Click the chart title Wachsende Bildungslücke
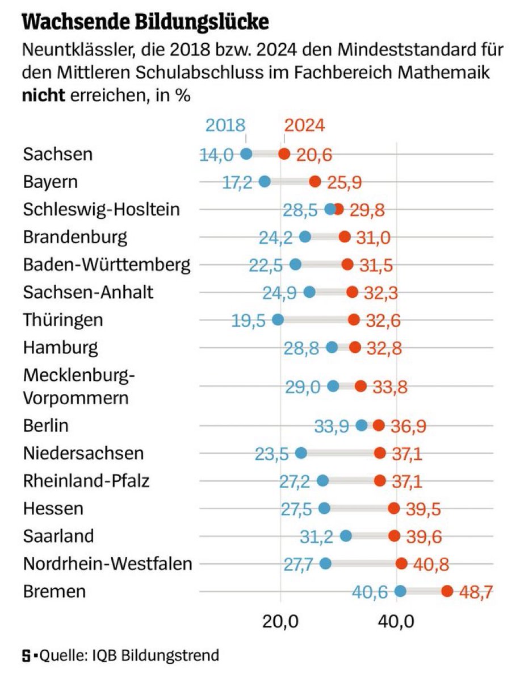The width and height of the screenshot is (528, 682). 145,22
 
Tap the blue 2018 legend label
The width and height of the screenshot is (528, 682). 225,125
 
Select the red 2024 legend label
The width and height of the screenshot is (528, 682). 304,125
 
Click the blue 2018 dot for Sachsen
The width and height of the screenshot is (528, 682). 246,153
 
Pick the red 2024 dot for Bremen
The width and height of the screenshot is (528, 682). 447,591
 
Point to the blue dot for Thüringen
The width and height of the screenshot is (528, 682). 278,319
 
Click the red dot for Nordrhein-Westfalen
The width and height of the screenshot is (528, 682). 401,563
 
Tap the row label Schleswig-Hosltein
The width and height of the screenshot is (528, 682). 102,210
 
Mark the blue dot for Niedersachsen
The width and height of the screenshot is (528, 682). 301,453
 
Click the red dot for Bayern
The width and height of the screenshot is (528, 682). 316,181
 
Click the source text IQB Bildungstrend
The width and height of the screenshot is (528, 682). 153,655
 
